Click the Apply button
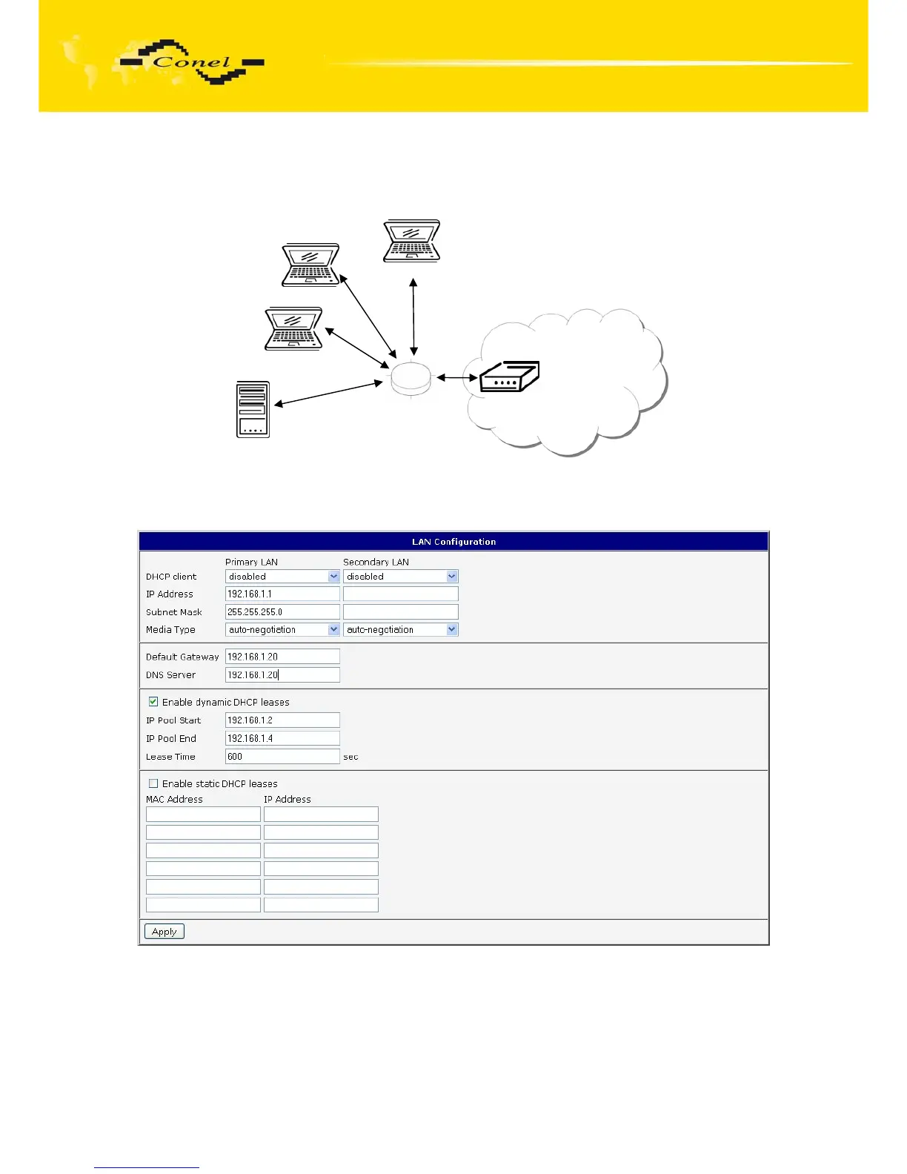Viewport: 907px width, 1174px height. click(x=165, y=932)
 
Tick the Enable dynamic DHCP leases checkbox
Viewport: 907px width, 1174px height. click(x=153, y=701)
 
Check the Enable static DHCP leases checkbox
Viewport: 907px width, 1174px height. click(x=153, y=783)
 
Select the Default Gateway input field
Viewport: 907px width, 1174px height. click(x=282, y=657)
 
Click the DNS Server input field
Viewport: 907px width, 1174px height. click(x=282, y=674)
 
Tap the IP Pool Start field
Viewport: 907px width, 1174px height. click(x=282, y=720)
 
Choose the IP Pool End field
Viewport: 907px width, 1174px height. click(x=282, y=738)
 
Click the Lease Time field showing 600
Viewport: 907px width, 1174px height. click(x=282, y=757)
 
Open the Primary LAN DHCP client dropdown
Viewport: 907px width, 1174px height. click(x=282, y=576)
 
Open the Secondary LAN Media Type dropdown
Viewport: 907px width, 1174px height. click(x=401, y=629)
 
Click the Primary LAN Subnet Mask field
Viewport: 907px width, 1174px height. click(x=282, y=611)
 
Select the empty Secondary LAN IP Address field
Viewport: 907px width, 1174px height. click(x=401, y=594)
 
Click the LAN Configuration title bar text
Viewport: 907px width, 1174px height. click(x=453, y=542)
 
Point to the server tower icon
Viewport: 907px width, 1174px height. click(x=253, y=409)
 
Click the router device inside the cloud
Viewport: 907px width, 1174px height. click(x=509, y=377)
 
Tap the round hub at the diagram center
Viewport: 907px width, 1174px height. click(x=411, y=378)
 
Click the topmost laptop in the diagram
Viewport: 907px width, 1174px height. click(x=412, y=240)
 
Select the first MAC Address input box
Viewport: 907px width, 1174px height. click(x=203, y=814)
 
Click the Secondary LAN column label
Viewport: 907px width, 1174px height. click(x=376, y=562)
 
